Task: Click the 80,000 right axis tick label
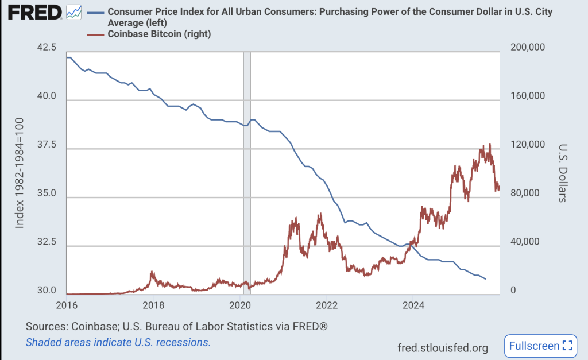525,193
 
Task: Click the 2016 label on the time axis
67,304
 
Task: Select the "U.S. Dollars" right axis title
562,172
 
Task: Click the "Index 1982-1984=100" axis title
20,172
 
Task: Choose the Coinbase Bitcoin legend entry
159,34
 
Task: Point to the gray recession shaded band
246,172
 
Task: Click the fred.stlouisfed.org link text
442,347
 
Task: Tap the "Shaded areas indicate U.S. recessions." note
118,342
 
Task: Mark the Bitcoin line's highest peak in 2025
490,144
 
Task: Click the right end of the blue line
486,279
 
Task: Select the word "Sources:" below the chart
46,326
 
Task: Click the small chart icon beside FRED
74,11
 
